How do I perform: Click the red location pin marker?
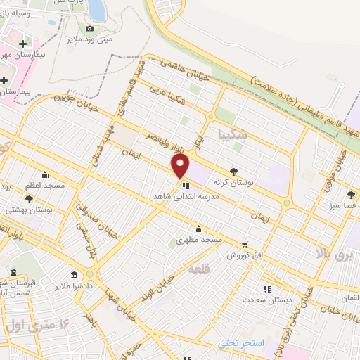(x=181, y=166)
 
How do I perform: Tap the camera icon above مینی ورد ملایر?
(x=89, y=29)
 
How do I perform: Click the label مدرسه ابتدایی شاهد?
(x=187, y=198)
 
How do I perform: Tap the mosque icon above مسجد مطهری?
(x=199, y=228)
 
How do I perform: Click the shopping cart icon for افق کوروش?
(x=245, y=245)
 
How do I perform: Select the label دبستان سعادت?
(x=266, y=300)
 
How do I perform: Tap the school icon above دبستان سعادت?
(x=266, y=288)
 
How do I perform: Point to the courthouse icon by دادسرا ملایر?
(x=75, y=275)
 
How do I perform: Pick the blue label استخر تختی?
(x=240, y=342)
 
